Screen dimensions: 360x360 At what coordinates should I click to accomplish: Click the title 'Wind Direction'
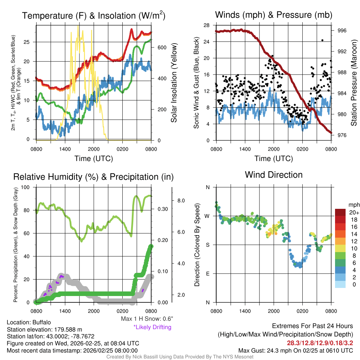click(274, 175)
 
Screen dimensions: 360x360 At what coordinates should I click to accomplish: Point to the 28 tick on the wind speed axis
click(206, 25)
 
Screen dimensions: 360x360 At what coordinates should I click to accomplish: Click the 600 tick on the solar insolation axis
click(162, 47)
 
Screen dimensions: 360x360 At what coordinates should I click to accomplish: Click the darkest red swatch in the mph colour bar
click(341, 213)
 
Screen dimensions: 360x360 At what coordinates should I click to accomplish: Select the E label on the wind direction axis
click(208, 274)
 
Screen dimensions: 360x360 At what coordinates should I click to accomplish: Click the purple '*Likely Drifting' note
click(152, 327)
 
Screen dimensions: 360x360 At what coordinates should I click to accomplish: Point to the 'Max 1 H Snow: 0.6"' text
click(147, 319)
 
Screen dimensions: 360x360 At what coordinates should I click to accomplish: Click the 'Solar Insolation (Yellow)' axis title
click(174, 83)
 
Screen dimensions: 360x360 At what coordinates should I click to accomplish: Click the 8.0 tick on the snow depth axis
click(181, 201)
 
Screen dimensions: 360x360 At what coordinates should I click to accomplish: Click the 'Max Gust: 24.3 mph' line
click(296, 350)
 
